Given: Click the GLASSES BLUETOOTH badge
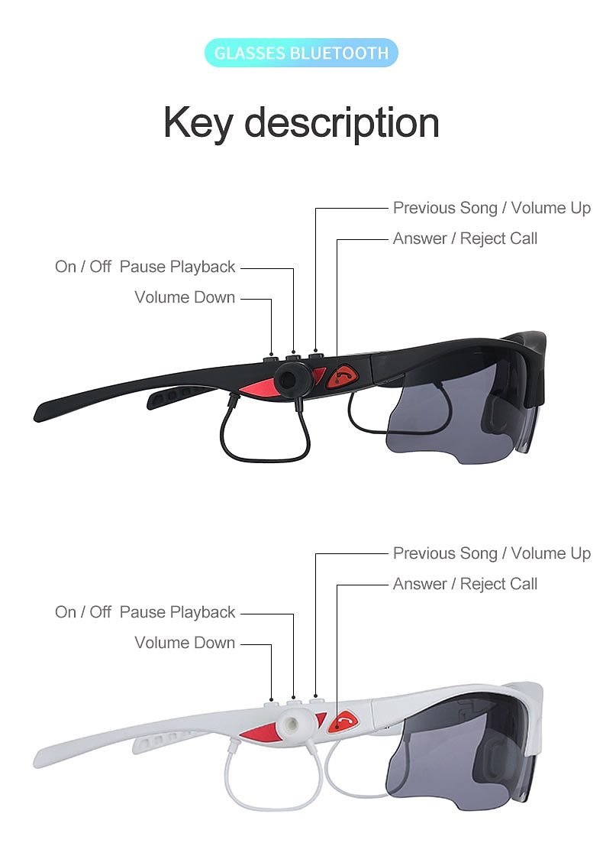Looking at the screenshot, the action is click(301, 53).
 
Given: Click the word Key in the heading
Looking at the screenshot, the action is click(198, 123).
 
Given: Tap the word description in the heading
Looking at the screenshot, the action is click(341, 123).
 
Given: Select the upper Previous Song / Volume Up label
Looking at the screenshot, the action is click(492, 208).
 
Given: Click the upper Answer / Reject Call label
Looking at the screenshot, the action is click(465, 238).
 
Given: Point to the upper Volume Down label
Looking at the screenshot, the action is click(185, 297).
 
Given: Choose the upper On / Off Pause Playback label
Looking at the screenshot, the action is click(145, 266).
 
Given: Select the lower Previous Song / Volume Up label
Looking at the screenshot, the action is click(492, 553).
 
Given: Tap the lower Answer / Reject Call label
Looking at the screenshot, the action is click(465, 583).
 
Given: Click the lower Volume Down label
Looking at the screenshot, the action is click(185, 642).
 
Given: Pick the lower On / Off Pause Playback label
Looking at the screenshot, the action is click(145, 611).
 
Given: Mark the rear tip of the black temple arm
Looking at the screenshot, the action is click(37, 417).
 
